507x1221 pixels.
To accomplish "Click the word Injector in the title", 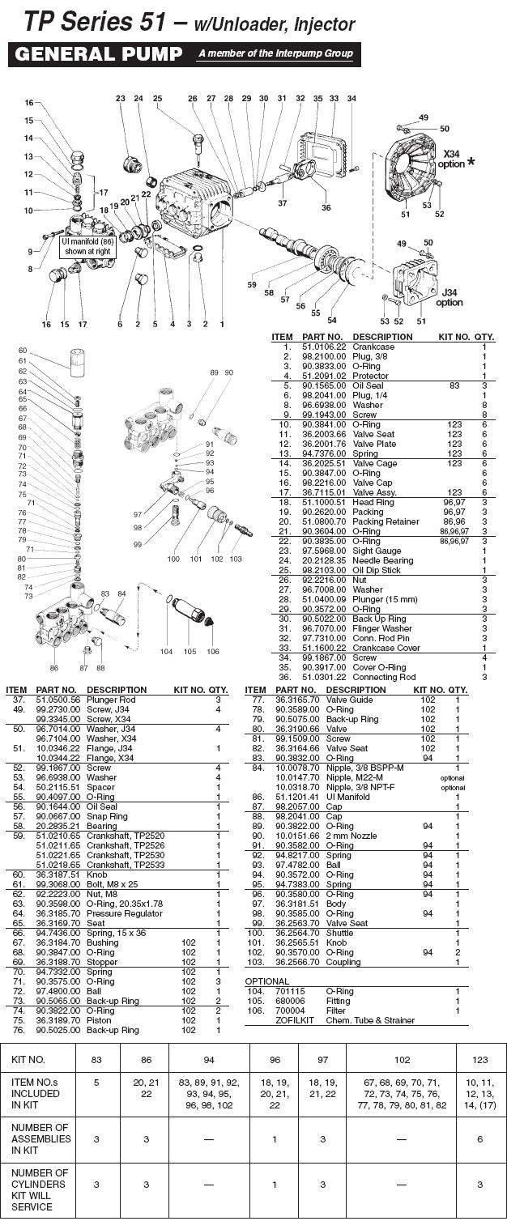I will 322,25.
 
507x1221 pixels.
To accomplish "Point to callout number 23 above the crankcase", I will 121,99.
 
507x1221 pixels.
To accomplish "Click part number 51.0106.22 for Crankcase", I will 323,347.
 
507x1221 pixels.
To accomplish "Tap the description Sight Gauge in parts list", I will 376,551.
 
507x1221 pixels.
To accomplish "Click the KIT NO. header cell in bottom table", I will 27,1059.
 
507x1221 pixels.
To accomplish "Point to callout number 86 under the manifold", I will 53,668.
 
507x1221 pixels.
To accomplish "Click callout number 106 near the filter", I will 212,652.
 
